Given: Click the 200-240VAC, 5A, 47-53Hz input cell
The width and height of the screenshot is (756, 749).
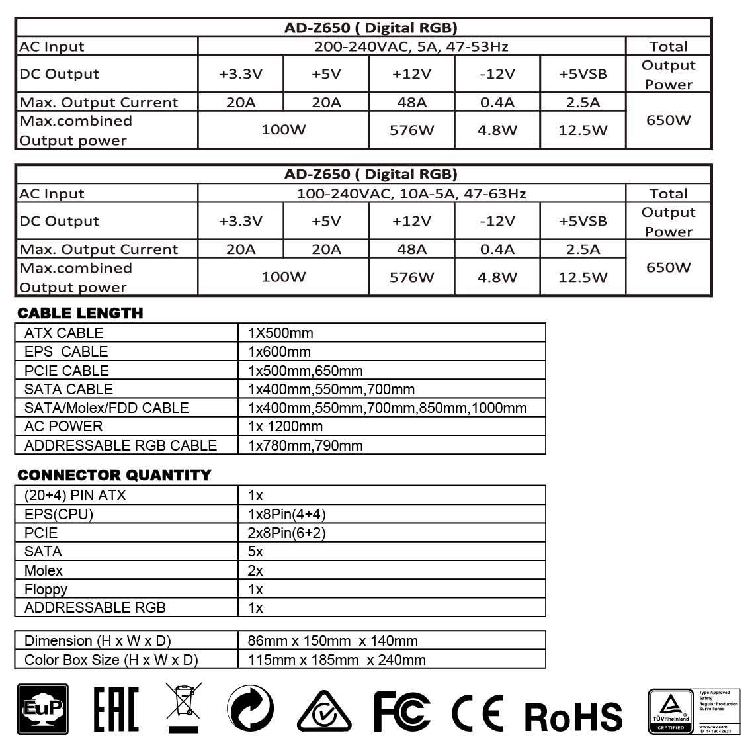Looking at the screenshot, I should coord(411,46).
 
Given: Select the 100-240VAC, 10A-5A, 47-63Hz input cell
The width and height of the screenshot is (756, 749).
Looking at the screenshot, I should coord(411,194).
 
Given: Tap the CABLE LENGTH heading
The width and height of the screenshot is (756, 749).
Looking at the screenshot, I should coord(80,313).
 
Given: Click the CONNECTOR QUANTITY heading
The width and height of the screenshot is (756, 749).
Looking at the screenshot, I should coord(114,475).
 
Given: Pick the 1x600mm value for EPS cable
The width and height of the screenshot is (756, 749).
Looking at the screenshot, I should coord(279,352).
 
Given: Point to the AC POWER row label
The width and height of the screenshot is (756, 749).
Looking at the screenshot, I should coord(63,427).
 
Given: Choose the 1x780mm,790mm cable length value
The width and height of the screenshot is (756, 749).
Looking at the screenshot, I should coord(306,445).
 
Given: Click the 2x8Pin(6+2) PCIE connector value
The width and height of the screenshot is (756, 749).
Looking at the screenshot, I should coord(287,533).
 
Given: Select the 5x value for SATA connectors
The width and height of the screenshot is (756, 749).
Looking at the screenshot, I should coord(255,552).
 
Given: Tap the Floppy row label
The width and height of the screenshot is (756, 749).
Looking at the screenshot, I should coord(46,589).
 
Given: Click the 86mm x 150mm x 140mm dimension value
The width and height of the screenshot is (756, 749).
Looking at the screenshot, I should coord(333,640).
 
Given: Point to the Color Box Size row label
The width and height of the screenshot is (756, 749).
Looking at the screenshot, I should coord(111,660).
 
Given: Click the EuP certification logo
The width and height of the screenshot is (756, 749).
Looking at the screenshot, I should coord(42,709).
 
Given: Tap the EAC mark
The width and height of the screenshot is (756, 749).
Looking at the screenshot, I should coord(116,709).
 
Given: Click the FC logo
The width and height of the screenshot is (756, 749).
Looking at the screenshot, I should coord(401,711).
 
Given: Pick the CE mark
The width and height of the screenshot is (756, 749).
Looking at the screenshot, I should coord(477,712).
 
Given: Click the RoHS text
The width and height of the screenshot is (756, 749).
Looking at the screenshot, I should coord(573,716).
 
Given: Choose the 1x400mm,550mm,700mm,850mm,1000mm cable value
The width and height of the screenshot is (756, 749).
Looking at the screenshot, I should coord(388,408).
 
